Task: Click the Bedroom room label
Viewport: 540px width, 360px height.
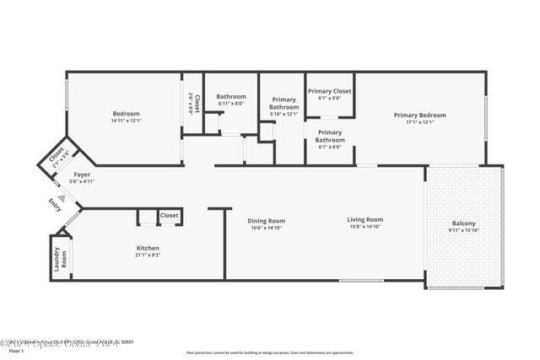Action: [126, 113]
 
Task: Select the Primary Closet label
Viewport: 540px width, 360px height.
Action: [329, 91]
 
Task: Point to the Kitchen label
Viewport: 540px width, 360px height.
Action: [148, 248]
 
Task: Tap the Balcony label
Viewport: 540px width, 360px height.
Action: [463, 223]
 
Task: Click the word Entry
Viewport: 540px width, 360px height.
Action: [55, 205]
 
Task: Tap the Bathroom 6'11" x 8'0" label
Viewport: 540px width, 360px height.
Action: [230, 96]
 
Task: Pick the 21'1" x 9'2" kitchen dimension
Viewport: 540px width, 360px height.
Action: [148, 254]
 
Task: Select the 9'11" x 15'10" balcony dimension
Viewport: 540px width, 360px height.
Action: [463, 230]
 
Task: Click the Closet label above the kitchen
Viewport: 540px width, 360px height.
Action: [170, 216]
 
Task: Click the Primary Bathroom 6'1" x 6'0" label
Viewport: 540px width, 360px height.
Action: [330, 137]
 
